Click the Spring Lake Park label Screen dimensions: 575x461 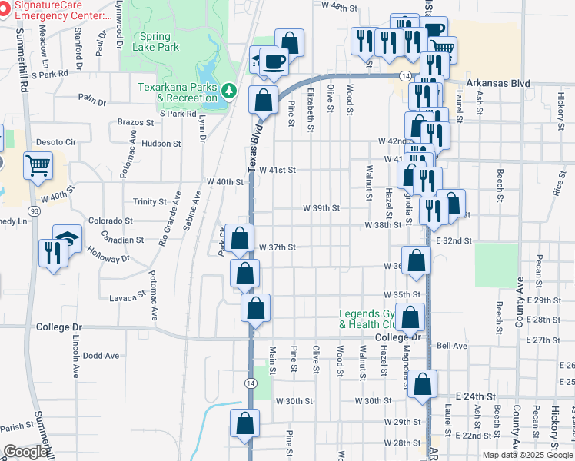159,41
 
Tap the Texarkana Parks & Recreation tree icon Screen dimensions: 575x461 228,92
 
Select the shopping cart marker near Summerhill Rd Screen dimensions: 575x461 38,164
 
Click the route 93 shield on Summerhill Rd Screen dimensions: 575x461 34,210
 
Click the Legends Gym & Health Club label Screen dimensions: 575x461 371,319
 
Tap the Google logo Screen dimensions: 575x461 25,453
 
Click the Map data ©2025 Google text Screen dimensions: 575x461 527,455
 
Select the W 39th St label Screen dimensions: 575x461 321,208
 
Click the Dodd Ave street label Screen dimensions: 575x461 101,356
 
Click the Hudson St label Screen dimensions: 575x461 161,143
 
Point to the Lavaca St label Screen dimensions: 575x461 128,297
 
